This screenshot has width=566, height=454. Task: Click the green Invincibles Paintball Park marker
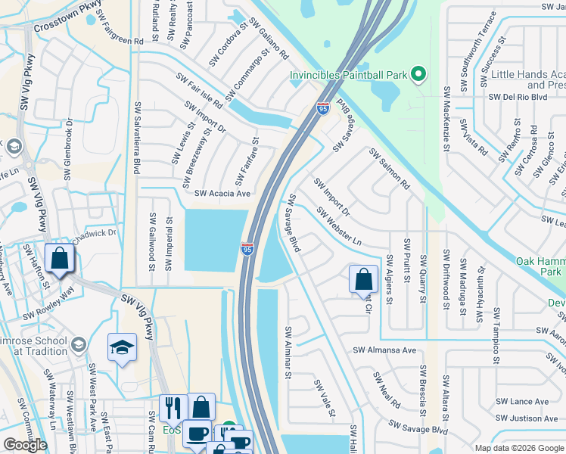[416, 74]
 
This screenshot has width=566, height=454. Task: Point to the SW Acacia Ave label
[222, 194]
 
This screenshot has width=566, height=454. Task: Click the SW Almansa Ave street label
[384, 350]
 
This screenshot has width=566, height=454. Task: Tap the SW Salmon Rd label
[389, 169]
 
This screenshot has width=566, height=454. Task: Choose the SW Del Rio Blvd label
[518, 97]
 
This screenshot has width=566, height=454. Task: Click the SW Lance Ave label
[521, 402]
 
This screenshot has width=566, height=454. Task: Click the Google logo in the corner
[25, 445]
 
